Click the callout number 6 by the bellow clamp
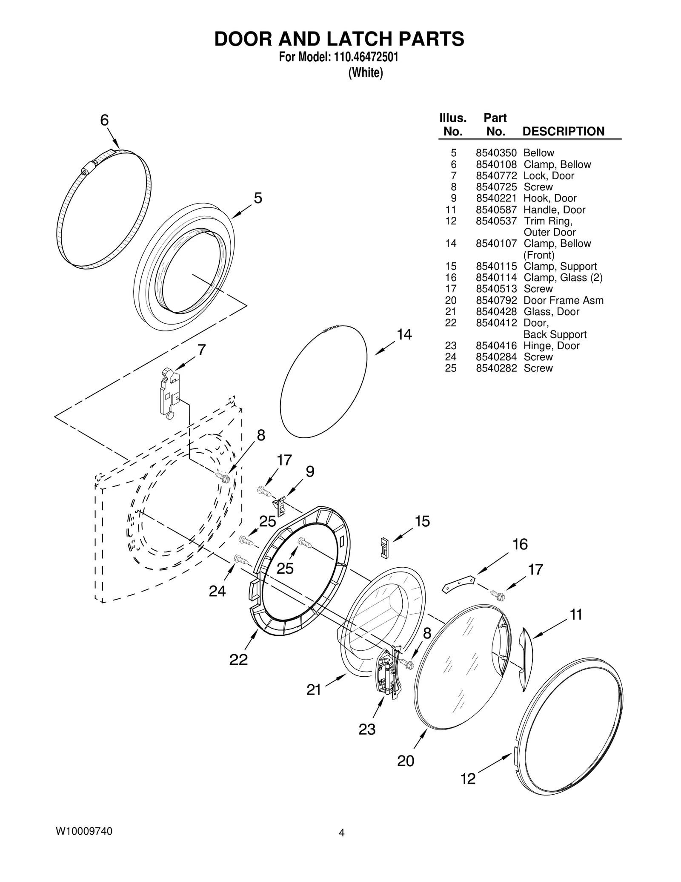point(104,120)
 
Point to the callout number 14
point(404,335)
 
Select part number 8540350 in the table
point(496,153)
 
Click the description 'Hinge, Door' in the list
point(551,346)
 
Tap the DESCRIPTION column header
point(563,131)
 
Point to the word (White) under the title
point(366,73)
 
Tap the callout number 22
point(238,659)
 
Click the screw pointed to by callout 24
point(241,560)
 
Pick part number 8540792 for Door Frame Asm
point(496,300)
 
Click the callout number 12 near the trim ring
point(468,779)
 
